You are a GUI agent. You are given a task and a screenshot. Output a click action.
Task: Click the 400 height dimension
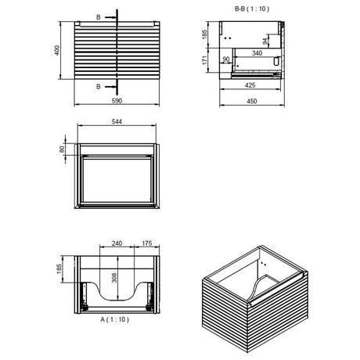pyautogui.click(x=57, y=50)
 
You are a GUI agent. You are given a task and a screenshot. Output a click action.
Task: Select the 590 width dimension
pyautogui.click(x=117, y=101)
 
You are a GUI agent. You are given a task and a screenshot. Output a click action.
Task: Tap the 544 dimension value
pyautogui.click(x=117, y=121)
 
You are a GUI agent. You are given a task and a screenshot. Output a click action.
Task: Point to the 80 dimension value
pyautogui.click(x=62, y=149)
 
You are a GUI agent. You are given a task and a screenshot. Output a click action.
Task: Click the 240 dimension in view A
pyautogui.click(x=117, y=243)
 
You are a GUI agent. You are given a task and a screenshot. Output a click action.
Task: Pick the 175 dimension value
pyautogui.click(x=146, y=243)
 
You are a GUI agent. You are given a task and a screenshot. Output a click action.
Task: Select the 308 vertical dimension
pyautogui.click(x=114, y=278)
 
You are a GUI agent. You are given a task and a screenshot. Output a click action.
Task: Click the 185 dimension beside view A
pyautogui.click(x=59, y=269)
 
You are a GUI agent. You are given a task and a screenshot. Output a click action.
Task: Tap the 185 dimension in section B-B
pyautogui.click(x=204, y=34)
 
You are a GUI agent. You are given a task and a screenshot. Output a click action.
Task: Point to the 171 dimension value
pyautogui.click(x=204, y=59)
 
